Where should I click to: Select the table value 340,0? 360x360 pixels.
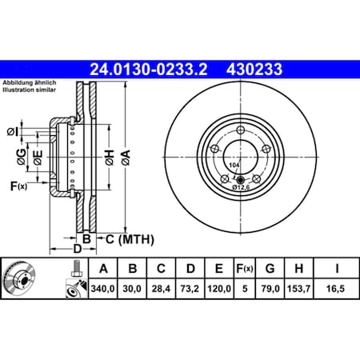point(102,293)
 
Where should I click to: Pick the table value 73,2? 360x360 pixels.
point(192,293)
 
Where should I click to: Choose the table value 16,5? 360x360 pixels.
point(337,293)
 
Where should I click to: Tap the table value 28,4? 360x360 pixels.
point(162,293)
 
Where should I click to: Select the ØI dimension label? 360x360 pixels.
point(13,131)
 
